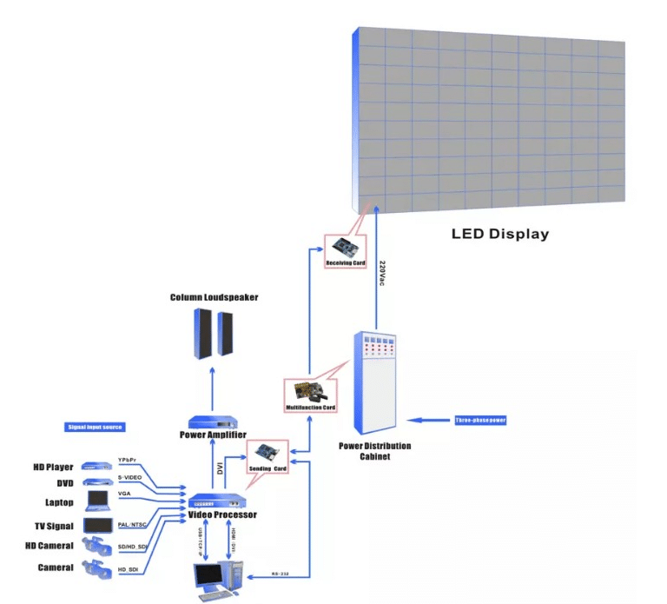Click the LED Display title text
click(x=500, y=234)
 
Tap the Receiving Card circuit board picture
click(x=345, y=247)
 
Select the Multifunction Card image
click(x=310, y=393)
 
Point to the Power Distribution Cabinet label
click(x=375, y=451)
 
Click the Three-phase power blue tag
click(x=479, y=421)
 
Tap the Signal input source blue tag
click(x=96, y=427)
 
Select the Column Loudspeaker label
click(x=214, y=297)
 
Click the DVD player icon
click(x=93, y=482)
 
